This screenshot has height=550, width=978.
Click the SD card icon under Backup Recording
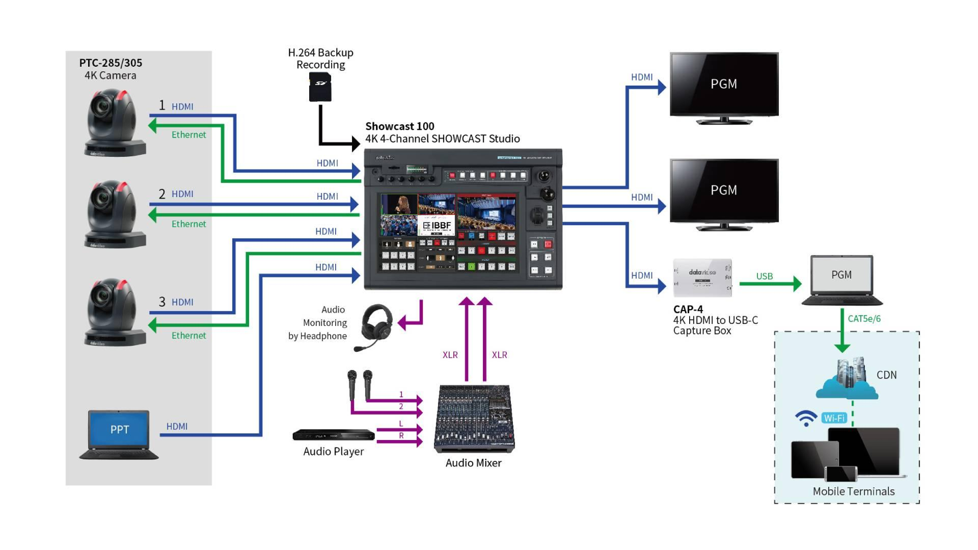pyautogui.click(x=320, y=87)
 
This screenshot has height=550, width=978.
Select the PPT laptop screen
pyautogui.click(x=119, y=429)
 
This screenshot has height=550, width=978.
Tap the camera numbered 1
pyautogui.click(x=114, y=123)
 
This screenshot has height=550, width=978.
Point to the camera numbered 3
pyautogui.click(x=114, y=312)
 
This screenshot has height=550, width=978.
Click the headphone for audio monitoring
pyautogui.click(x=374, y=326)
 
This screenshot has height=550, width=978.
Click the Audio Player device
pyautogui.click(x=333, y=435)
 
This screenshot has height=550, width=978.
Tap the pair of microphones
pyautogui.click(x=360, y=384)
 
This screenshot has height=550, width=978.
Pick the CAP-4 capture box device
pyautogui.click(x=702, y=278)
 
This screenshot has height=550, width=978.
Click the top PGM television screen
pyautogui.click(x=724, y=84)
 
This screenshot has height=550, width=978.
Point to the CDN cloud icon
pyautogui.click(x=847, y=381)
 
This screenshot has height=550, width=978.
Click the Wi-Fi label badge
pyautogui.click(x=834, y=418)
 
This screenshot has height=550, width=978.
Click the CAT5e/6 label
pyautogui.click(x=864, y=319)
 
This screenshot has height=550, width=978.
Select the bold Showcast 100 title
pyautogui.click(x=399, y=126)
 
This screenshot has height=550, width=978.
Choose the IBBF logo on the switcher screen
pyautogui.click(x=437, y=225)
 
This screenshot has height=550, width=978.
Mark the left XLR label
pyautogui.click(x=450, y=355)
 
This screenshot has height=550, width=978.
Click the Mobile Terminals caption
pyautogui.click(x=853, y=491)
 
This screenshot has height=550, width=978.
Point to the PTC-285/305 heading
pyautogui.click(x=111, y=63)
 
